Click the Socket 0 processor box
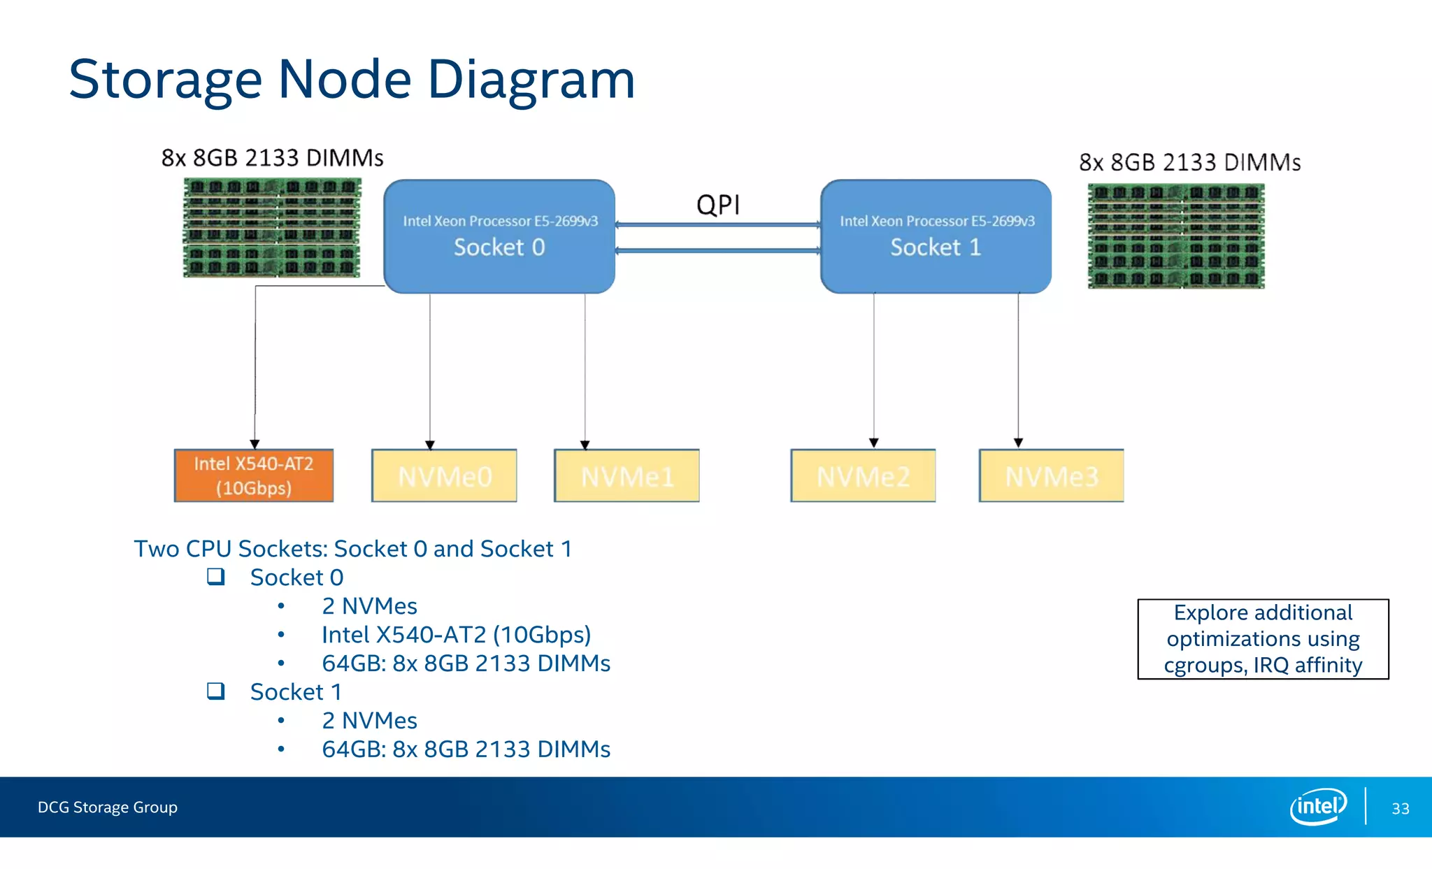[x=499, y=236]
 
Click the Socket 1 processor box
[x=936, y=236]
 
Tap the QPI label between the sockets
[x=718, y=205]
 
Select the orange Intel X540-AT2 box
[x=254, y=475]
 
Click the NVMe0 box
[x=445, y=476]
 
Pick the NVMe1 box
[x=626, y=476]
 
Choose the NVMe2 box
[x=863, y=476]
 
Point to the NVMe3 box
[x=1052, y=476]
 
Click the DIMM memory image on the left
[x=272, y=228]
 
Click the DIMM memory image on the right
[x=1176, y=236]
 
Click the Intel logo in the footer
[x=1317, y=807]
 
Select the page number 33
[x=1400, y=809]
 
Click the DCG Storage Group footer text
[x=108, y=807]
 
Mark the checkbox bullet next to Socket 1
[x=216, y=691]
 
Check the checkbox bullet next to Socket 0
[x=216, y=577]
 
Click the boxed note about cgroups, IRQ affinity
[x=1263, y=639]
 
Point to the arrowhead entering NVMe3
[x=1018, y=443]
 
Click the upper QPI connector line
[x=717, y=225]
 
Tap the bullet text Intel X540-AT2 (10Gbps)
[x=456, y=635]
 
